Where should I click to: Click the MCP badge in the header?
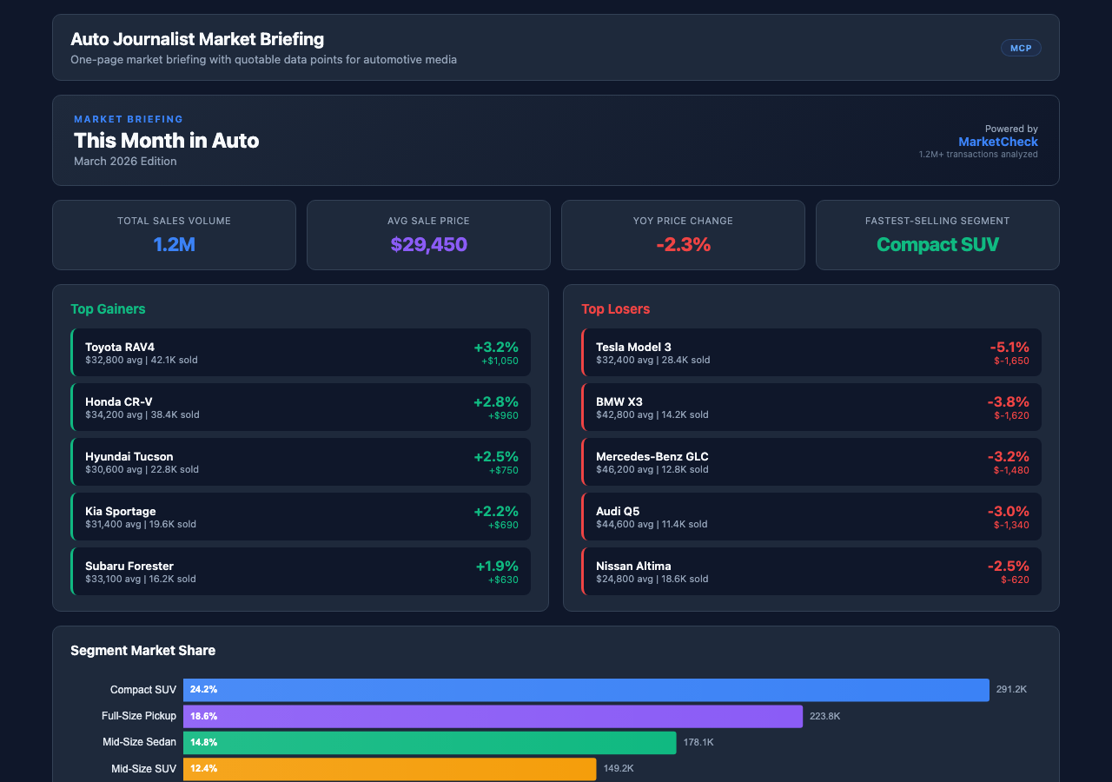(1021, 48)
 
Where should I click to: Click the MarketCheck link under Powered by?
(997, 142)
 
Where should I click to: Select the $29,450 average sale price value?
(428, 245)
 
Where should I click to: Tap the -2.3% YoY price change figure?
(683, 245)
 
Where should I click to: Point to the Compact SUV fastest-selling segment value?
(937, 245)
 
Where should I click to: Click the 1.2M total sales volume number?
(174, 245)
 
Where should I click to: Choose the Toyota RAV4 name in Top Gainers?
(120, 347)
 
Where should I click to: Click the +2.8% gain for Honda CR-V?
(495, 401)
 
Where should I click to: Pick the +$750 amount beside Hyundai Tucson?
(503, 470)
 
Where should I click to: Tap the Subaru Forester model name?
(129, 566)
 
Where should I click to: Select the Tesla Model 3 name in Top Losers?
(633, 347)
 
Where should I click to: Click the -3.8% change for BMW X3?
(1008, 401)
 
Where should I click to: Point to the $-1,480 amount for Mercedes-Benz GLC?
(1011, 470)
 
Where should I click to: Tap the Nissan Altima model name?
(633, 566)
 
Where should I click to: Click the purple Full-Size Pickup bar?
(493, 716)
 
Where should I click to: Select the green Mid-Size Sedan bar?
(429, 742)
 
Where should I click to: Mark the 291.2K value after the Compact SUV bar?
(1011, 689)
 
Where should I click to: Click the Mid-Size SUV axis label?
(143, 768)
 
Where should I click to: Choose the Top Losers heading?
(615, 308)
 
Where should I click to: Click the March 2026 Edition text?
(125, 161)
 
